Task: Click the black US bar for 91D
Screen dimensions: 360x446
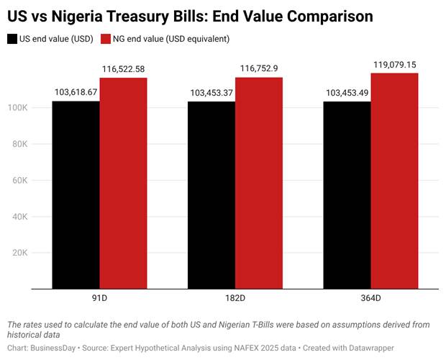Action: pos(76,195)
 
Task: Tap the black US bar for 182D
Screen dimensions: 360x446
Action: pos(211,195)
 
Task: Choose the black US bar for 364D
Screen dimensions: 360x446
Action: pos(347,195)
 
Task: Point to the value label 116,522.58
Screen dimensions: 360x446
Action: pos(123,69)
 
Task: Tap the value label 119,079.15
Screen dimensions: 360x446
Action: pos(394,65)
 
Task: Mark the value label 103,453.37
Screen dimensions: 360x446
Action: pos(211,93)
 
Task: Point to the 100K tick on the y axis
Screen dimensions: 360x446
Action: pos(38,108)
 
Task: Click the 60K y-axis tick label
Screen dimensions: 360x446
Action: pos(40,181)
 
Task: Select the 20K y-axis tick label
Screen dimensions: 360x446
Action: pos(40,253)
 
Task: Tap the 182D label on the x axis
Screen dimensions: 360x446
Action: pos(235,297)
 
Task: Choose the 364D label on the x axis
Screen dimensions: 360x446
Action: pos(370,297)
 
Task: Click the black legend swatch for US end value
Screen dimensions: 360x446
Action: pos(12,39)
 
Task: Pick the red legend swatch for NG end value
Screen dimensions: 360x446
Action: pos(107,39)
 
